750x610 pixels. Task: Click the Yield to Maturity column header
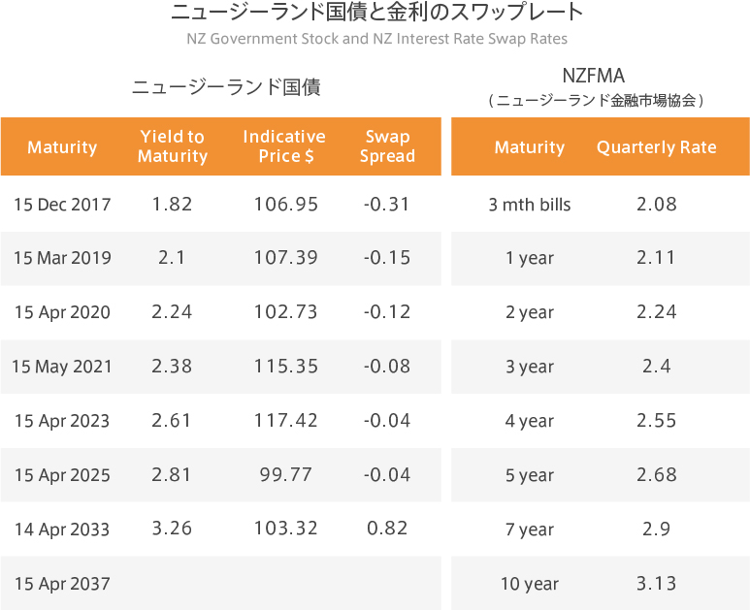click(173, 146)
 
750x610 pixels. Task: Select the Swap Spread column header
click(387, 146)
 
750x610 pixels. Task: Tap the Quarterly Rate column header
click(656, 147)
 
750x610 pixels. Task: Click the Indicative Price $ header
click(284, 146)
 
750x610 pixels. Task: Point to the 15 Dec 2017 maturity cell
click(62, 205)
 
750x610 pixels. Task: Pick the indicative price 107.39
click(285, 258)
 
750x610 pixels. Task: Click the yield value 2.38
click(172, 367)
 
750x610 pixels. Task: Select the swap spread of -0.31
click(386, 205)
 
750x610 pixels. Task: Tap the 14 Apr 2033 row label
click(62, 530)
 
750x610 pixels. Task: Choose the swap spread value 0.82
click(387, 529)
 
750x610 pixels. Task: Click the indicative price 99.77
click(285, 474)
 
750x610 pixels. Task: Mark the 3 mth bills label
click(530, 205)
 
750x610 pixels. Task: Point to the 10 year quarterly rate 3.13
click(656, 584)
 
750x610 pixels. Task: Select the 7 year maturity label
click(530, 530)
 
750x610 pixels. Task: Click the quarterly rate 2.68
click(656, 474)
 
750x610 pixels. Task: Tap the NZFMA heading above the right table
click(594, 76)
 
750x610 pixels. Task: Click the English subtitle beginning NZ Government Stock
click(376, 38)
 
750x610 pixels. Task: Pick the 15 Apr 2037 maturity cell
click(62, 584)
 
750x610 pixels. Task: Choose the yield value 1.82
click(172, 205)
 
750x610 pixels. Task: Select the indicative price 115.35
click(285, 367)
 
